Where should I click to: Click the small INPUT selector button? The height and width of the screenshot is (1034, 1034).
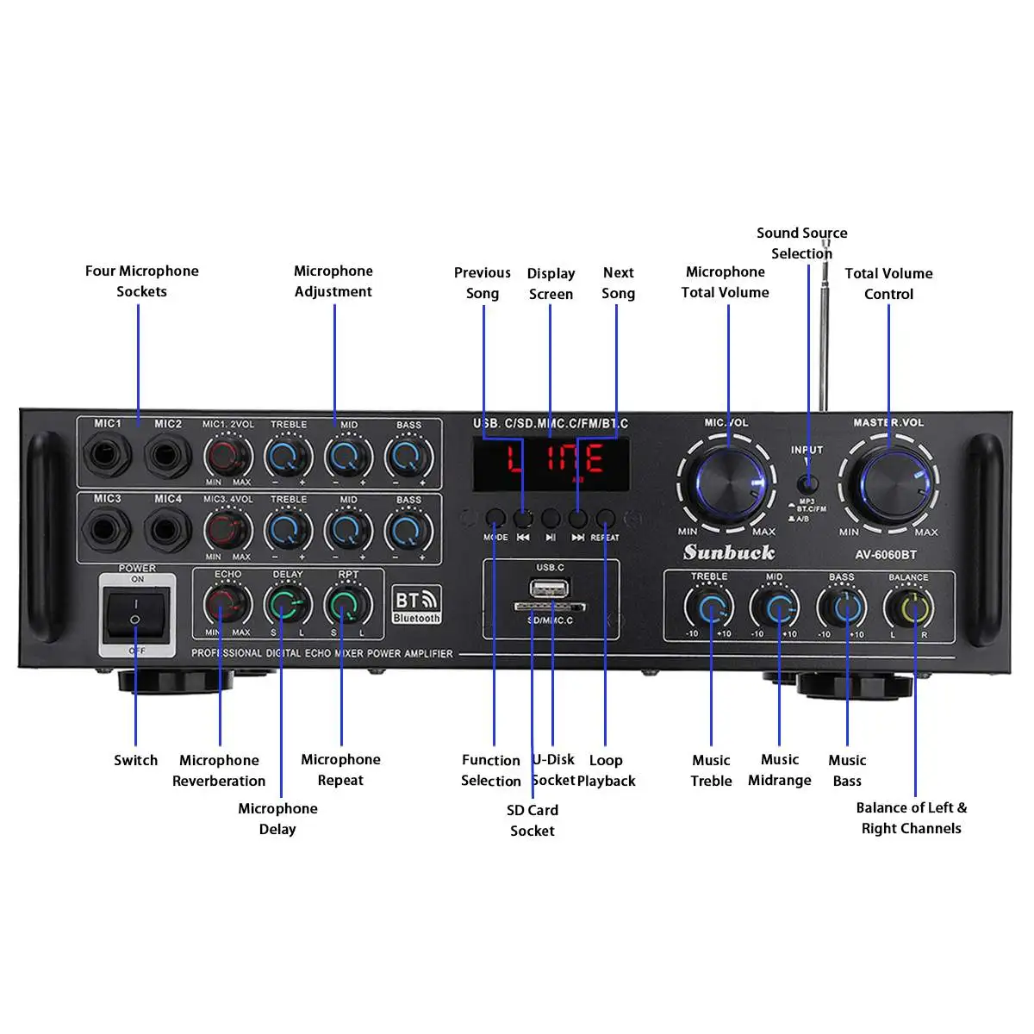(x=807, y=483)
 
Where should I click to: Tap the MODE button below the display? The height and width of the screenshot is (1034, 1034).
(x=495, y=519)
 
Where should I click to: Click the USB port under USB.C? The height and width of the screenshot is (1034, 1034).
(x=550, y=589)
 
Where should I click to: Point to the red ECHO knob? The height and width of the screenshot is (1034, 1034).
(x=227, y=605)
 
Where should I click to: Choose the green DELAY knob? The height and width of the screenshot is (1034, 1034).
(x=287, y=605)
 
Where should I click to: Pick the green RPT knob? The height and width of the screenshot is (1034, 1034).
(x=347, y=605)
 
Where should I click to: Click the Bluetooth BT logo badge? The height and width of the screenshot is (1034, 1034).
(x=416, y=604)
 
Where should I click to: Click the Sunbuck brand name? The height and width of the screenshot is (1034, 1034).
(x=729, y=552)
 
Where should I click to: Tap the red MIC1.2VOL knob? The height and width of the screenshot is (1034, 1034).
(x=227, y=455)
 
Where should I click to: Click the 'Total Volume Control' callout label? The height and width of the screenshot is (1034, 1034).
(x=888, y=283)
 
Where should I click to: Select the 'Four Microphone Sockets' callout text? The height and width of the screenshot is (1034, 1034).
(x=141, y=281)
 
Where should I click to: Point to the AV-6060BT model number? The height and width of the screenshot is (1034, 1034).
(x=886, y=555)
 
